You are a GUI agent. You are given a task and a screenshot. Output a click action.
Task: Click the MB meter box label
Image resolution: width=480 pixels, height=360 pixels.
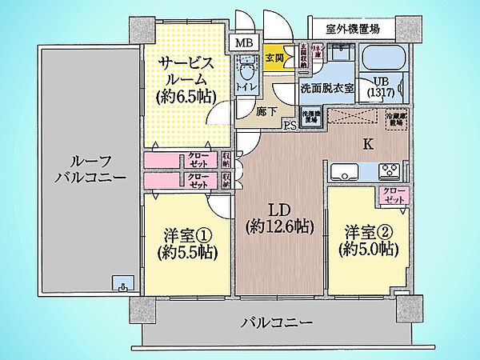(x=240, y=43)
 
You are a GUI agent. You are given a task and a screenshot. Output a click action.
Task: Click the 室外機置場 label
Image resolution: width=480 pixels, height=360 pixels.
(x=352, y=29)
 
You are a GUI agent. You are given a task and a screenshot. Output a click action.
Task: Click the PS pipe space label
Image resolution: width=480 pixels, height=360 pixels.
(x=289, y=126)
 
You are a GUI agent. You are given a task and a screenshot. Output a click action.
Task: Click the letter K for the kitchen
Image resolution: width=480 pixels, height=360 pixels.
(x=367, y=145)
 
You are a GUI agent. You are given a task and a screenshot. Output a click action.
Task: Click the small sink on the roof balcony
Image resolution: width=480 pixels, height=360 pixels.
(x=122, y=285)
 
